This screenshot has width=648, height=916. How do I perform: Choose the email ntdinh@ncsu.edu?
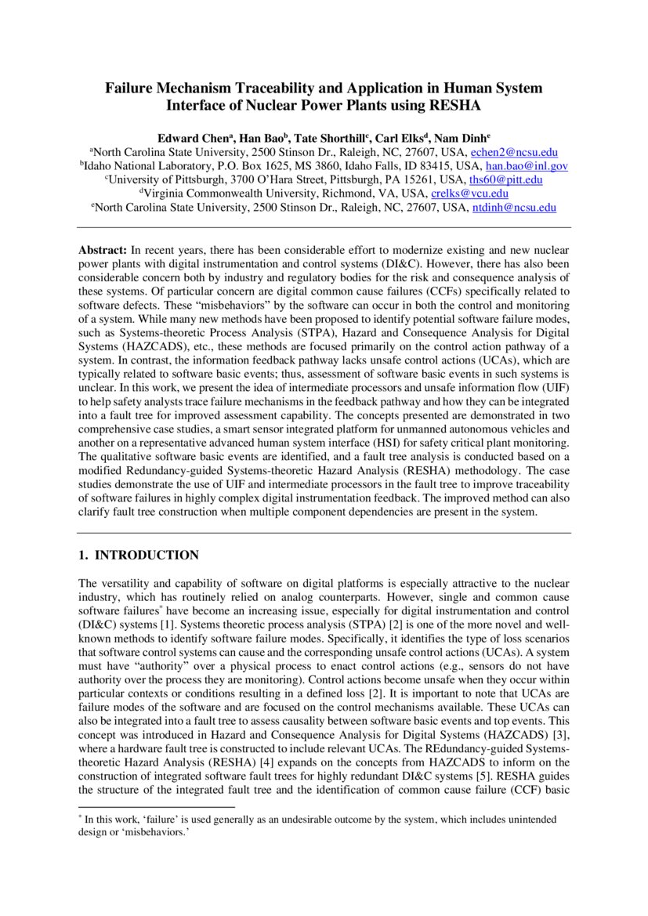[x=514, y=208]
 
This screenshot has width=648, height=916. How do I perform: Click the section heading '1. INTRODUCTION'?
[x=139, y=556]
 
